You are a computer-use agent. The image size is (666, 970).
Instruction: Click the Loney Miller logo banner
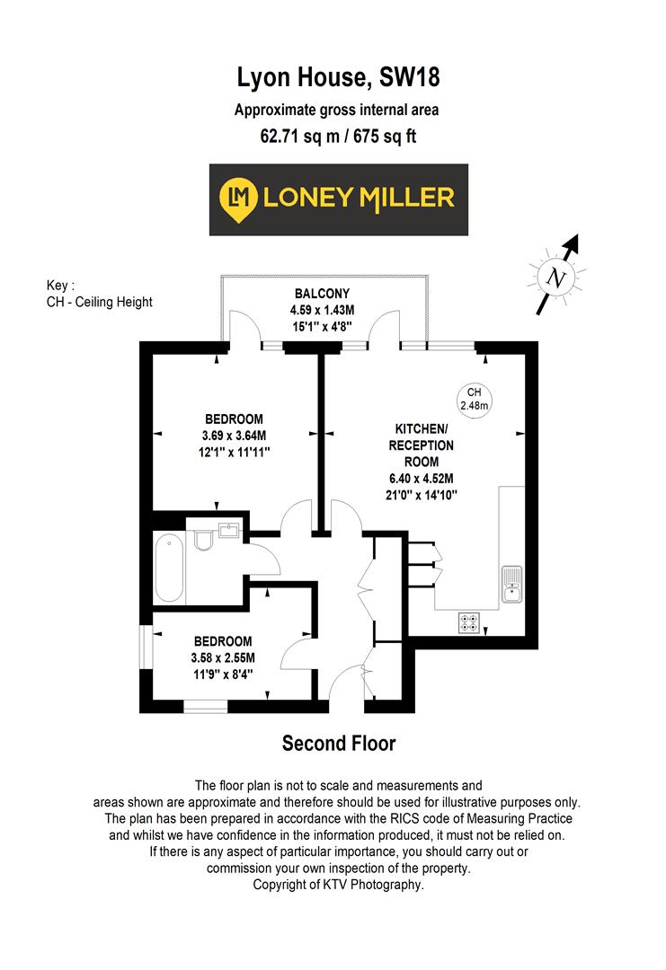click(338, 199)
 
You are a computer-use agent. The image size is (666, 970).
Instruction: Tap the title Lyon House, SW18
click(338, 79)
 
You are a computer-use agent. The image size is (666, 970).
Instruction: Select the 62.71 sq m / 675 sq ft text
click(338, 137)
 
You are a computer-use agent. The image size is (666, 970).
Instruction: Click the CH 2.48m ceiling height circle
click(475, 399)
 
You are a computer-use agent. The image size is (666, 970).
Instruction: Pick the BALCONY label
click(321, 294)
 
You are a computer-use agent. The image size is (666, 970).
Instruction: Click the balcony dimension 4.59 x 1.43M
click(321, 310)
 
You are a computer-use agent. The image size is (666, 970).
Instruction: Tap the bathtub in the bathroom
click(169, 569)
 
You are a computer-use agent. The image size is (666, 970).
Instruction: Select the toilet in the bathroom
click(202, 538)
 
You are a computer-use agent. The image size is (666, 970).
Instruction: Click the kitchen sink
click(511, 584)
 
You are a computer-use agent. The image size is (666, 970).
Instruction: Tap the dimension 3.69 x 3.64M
click(234, 436)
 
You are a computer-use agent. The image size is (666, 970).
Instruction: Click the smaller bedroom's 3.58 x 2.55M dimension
click(224, 657)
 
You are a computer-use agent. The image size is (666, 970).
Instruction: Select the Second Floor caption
click(338, 744)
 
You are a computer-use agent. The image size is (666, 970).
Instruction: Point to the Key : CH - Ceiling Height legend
click(99, 294)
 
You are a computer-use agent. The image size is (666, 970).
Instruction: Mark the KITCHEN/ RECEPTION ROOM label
click(421, 445)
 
